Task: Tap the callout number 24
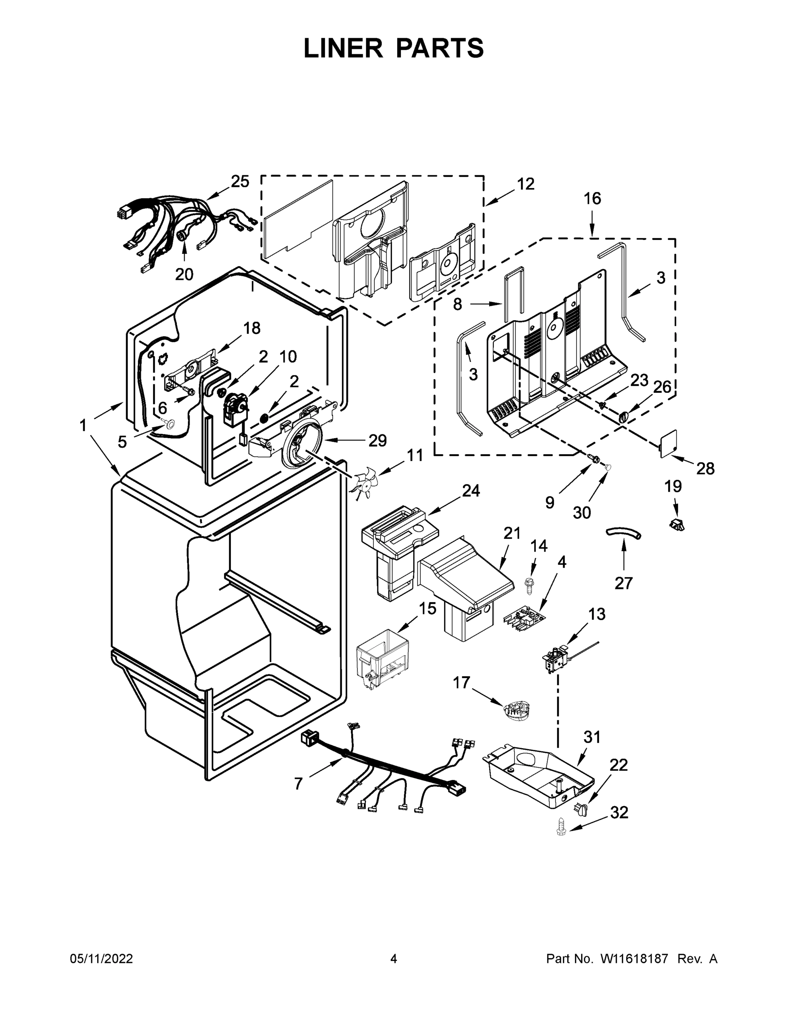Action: click(471, 490)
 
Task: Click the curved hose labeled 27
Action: click(623, 533)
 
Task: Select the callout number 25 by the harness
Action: click(240, 181)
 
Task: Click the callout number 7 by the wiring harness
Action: click(298, 783)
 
